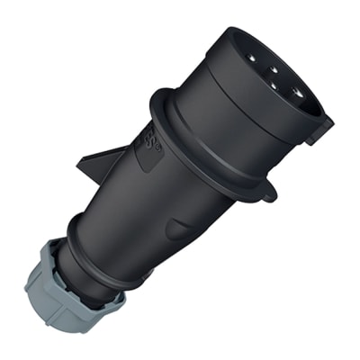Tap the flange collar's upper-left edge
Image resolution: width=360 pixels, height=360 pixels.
(x=162, y=97)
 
